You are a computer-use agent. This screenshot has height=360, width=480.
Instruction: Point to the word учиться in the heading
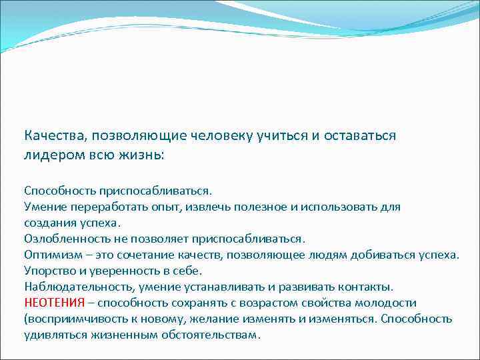tap(281, 136)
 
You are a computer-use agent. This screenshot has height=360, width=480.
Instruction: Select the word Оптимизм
tap(51, 255)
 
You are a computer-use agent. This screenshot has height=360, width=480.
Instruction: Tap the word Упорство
tap(49, 271)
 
